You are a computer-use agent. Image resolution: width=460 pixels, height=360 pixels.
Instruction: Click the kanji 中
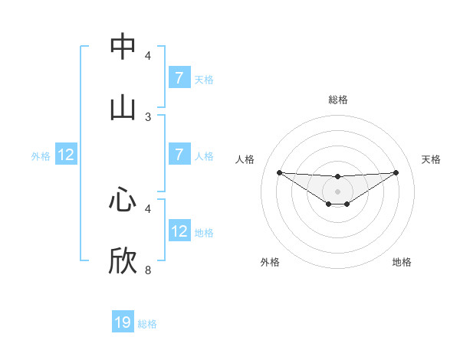(123, 47)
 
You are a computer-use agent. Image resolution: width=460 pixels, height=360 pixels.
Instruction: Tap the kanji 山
(123, 108)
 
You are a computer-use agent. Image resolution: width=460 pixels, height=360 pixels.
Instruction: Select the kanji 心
(123, 200)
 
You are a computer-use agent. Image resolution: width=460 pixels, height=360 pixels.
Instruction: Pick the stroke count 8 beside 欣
(148, 270)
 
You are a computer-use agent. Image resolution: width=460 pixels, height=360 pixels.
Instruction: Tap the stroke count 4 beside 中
(148, 56)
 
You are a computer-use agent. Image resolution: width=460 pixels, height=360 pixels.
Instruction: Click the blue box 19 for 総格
(123, 322)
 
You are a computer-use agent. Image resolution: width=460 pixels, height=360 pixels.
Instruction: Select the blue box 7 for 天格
(179, 77)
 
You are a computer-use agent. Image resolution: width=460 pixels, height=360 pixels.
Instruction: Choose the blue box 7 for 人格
(179, 154)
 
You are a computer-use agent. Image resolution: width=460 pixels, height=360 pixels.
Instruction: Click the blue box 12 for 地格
(179, 231)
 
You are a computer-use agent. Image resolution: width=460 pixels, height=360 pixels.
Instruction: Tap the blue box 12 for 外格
(66, 155)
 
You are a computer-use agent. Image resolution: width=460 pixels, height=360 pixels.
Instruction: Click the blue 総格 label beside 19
(147, 324)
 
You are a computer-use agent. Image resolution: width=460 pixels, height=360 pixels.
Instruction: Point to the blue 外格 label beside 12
(41, 155)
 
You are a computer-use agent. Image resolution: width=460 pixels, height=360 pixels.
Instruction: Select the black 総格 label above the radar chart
(338, 100)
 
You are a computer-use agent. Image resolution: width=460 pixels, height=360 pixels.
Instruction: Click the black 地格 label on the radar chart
(402, 262)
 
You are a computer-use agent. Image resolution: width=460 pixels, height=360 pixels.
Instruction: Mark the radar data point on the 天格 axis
(396, 172)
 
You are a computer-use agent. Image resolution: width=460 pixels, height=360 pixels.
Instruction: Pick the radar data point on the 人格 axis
(279, 172)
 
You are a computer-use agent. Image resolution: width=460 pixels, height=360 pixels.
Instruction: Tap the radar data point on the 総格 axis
(338, 177)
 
